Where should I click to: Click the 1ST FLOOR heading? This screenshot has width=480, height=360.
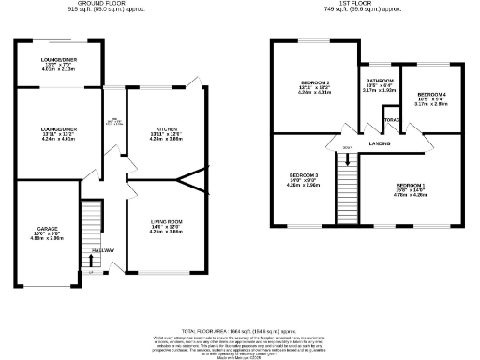click(365, 5)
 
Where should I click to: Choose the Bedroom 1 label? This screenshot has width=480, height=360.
click(411, 185)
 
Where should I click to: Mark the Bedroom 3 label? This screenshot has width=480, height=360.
click(304, 176)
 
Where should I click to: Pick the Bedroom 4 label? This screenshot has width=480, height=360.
click(431, 95)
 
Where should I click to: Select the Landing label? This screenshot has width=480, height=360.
click(380, 143)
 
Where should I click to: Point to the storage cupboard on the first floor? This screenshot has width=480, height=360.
click(390, 119)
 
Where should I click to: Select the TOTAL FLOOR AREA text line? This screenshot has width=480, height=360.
click(239, 332)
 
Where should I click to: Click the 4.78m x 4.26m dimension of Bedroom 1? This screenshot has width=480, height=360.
click(411, 195)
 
